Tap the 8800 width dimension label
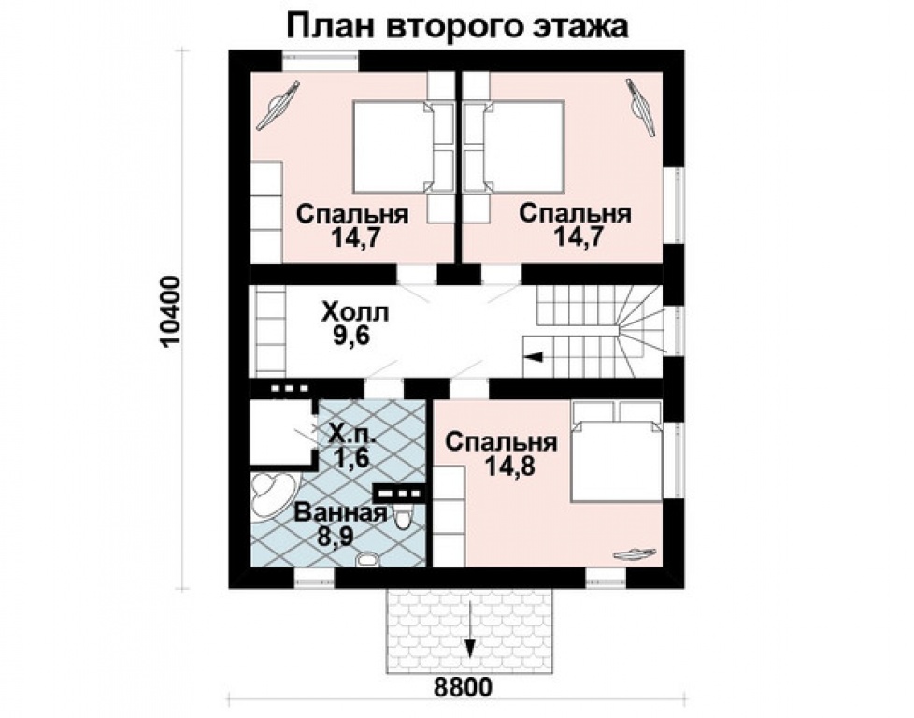click(x=462, y=687)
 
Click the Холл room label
click(x=353, y=310)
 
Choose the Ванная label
click(x=340, y=512)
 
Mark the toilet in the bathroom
click(x=403, y=517)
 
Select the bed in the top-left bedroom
click(x=393, y=145)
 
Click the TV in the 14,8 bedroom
click(x=634, y=553)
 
